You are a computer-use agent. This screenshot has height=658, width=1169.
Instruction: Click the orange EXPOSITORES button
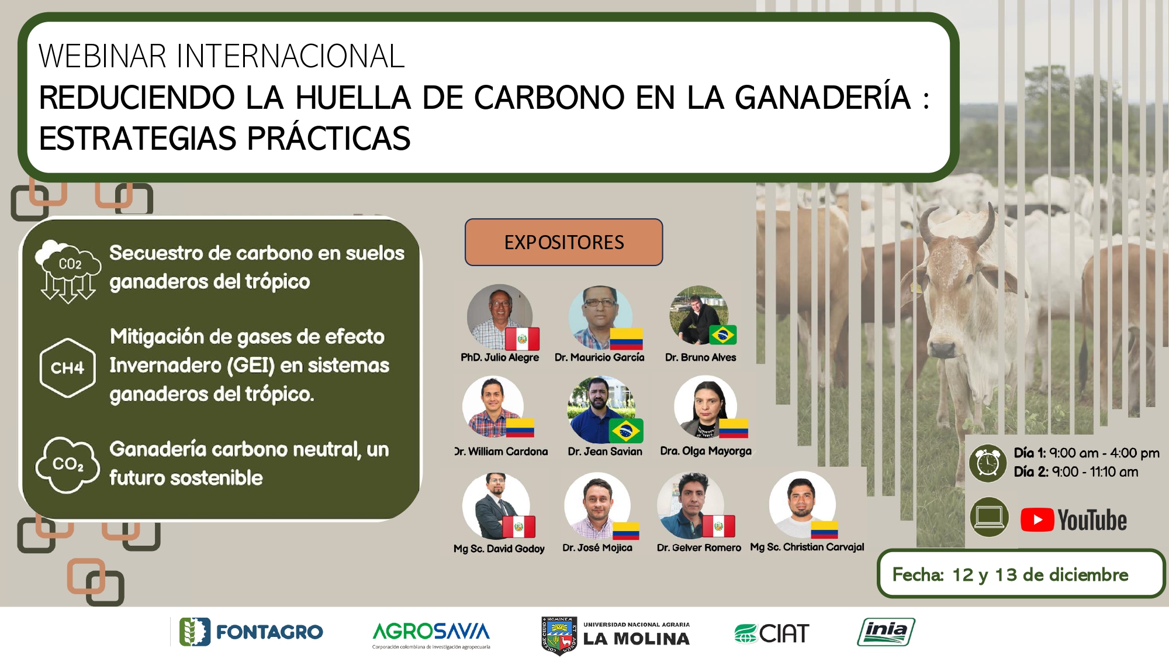pos(563,242)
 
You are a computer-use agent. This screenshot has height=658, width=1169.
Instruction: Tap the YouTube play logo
pos(1037,520)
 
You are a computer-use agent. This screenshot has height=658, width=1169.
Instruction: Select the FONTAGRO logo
pos(251,632)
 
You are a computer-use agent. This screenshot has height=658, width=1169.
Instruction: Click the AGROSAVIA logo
pos(431,634)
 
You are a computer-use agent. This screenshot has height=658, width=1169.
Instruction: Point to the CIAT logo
pos(772,633)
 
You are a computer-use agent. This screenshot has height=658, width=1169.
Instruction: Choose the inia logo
pos(886,632)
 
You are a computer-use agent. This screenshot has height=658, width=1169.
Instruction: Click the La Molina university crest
pos(559,636)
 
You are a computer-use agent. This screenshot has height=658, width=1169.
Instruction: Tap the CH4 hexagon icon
pos(67,368)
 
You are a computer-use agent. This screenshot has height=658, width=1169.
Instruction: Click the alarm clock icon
pos(988,463)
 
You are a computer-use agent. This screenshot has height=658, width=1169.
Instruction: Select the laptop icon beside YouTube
pos(989,517)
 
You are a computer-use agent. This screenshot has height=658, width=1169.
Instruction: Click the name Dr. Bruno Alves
pos(700,357)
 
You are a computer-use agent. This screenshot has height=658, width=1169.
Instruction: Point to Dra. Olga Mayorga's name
pos(705,451)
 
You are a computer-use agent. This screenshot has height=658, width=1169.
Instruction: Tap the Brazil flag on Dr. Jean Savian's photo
pos(626,431)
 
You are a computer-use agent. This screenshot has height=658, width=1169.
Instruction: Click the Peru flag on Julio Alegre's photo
pos(522,339)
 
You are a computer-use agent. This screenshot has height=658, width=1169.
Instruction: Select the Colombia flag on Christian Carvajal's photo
pos(824,530)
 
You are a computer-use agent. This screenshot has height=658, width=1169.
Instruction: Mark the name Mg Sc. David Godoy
pos(499,549)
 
